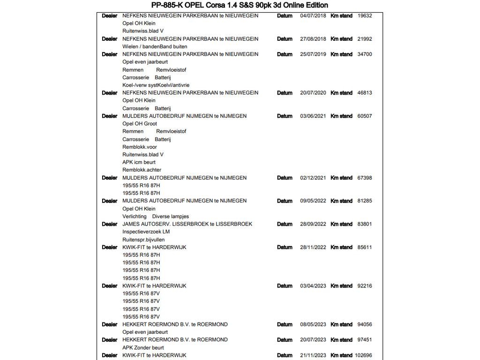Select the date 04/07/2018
coord(313,15)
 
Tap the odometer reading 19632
coord(364,15)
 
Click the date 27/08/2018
coord(313,39)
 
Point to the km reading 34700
coord(364,54)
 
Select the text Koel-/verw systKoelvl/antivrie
coord(156,85)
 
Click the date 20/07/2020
coord(313,93)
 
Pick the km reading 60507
coord(364,116)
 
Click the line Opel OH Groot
coord(140,124)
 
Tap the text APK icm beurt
coord(139,162)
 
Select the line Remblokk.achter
coord(142,170)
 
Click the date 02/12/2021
coord(313,178)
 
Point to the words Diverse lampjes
coord(170,217)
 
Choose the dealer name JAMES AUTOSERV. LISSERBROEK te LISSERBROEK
coord(187,224)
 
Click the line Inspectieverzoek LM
coord(146,232)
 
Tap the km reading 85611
coord(364,247)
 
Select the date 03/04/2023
coord(313,285)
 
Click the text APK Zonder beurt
coord(143,348)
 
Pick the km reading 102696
coord(363,355)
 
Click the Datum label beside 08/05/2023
coord(285,324)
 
